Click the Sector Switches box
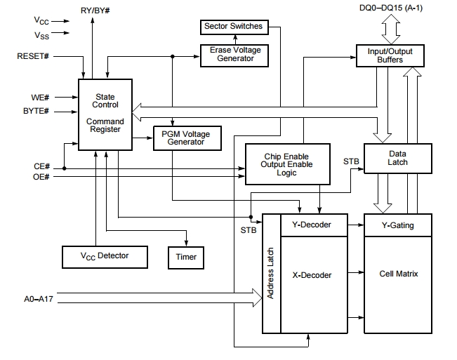point(233,27)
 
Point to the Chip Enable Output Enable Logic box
point(286,164)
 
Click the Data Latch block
point(397,157)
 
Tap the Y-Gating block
point(397,225)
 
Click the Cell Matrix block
point(397,274)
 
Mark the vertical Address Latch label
point(271,274)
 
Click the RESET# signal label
point(32,55)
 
